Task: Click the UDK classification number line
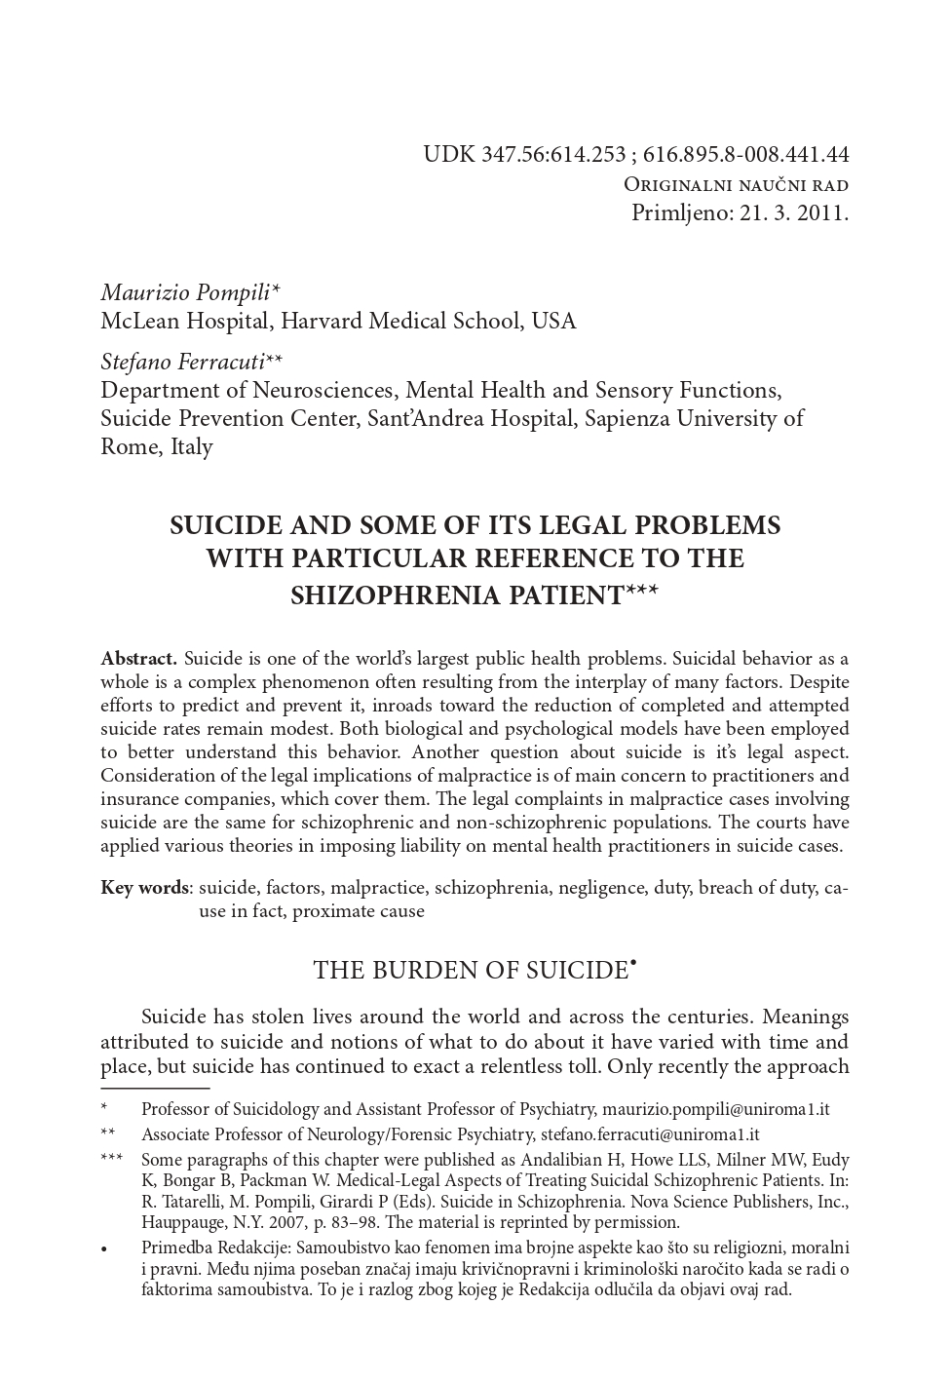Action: tap(635, 154)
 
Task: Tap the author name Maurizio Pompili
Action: tap(186, 292)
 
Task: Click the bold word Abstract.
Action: tap(138, 659)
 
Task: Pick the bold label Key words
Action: tap(145, 888)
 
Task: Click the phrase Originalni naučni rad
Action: tap(736, 185)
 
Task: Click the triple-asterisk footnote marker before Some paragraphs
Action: tap(112, 1160)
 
